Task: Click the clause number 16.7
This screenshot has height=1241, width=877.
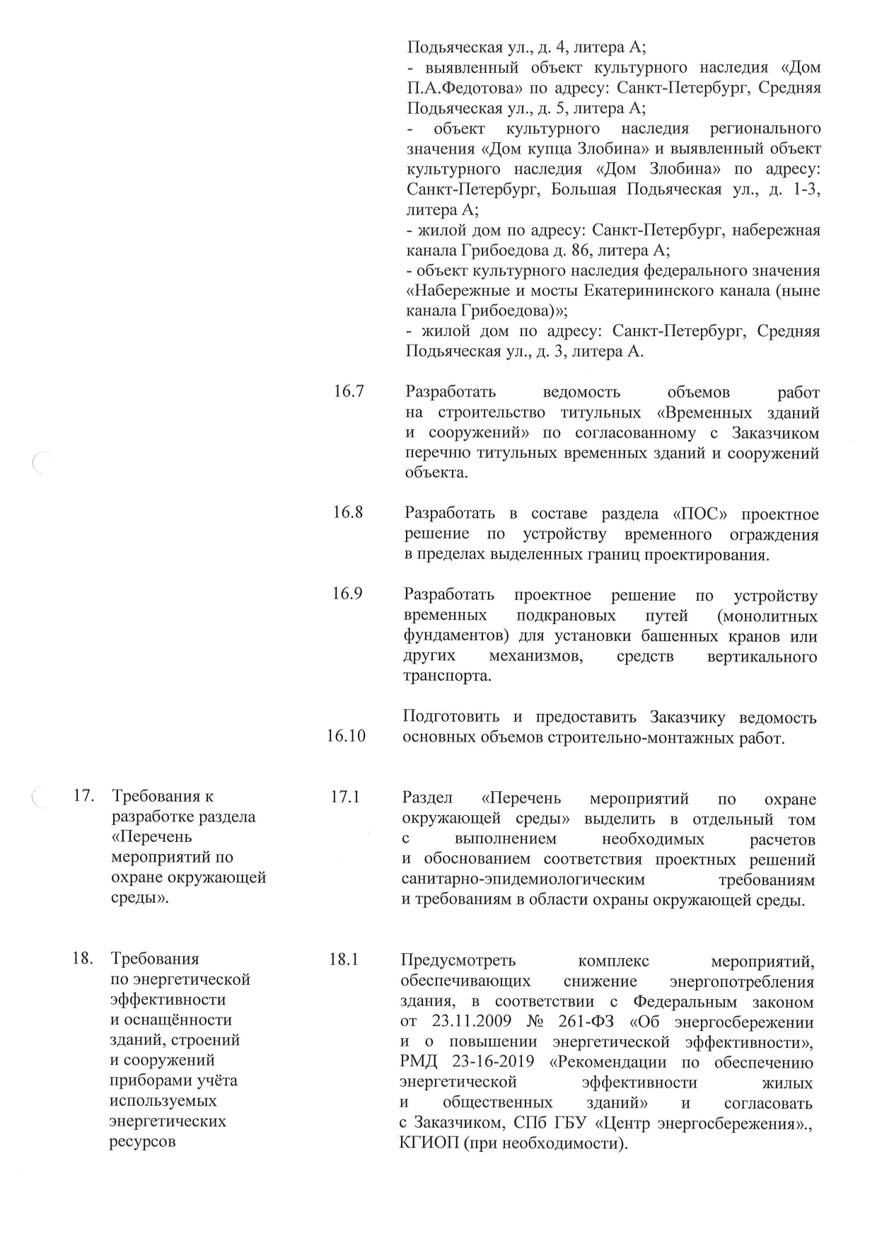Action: (349, 391)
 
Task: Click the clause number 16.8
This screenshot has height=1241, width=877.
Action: (348, 512)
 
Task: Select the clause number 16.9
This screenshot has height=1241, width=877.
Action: (348, 594)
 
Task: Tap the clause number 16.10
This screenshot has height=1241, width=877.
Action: (347, 736)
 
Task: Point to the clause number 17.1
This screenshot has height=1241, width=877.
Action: (345, 797)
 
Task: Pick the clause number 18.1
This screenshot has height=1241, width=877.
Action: (344, 960)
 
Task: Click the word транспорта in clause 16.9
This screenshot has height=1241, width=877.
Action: (446, 676)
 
